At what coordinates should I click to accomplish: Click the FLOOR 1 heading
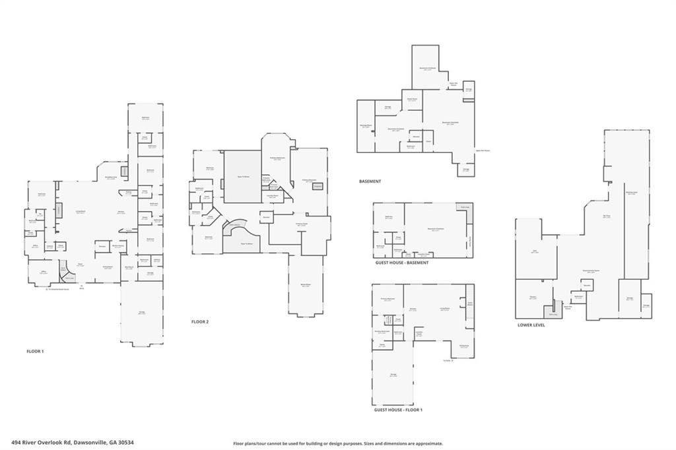35,351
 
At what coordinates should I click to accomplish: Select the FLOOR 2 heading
200,321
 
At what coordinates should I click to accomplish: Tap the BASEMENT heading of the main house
370,181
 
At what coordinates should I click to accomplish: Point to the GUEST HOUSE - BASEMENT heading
401,263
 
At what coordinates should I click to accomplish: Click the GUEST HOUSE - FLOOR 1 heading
398,410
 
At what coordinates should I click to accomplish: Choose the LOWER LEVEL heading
531,325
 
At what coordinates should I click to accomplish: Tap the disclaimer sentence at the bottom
338,443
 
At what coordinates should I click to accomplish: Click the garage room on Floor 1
141,312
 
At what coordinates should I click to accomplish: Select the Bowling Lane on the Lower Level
631,193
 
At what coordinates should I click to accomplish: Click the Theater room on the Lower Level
533,298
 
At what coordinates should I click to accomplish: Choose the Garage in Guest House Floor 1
393,376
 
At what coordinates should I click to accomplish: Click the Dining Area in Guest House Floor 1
464,346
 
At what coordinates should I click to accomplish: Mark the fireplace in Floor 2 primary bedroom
318,187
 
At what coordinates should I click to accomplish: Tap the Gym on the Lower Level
535,251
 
